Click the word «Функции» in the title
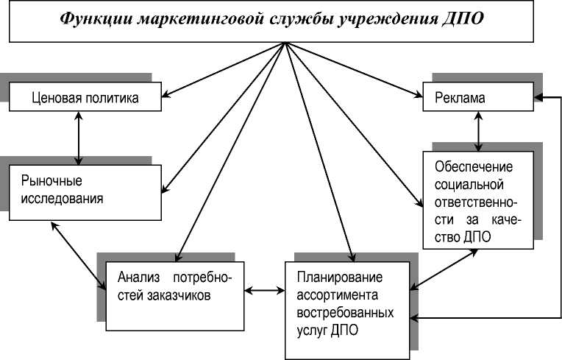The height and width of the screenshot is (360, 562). point(96,20)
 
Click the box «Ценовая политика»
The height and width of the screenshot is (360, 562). point(86,96)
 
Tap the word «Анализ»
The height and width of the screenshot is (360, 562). point(138,279)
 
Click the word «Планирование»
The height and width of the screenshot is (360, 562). point(340,279)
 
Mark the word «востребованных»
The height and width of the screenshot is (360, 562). point(345,313)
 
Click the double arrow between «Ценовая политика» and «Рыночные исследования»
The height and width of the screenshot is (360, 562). point(78,138)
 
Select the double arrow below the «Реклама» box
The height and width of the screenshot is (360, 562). point(479,131)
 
